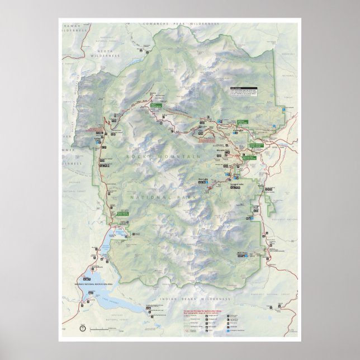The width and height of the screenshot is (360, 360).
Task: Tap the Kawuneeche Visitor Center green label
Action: (x=122, y=213)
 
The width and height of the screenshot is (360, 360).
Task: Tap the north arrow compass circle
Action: (x=83, y=328)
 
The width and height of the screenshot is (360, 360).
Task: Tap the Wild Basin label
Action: (x=241, y=252)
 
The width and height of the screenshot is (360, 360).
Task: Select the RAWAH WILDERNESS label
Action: (x=75, y=27)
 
